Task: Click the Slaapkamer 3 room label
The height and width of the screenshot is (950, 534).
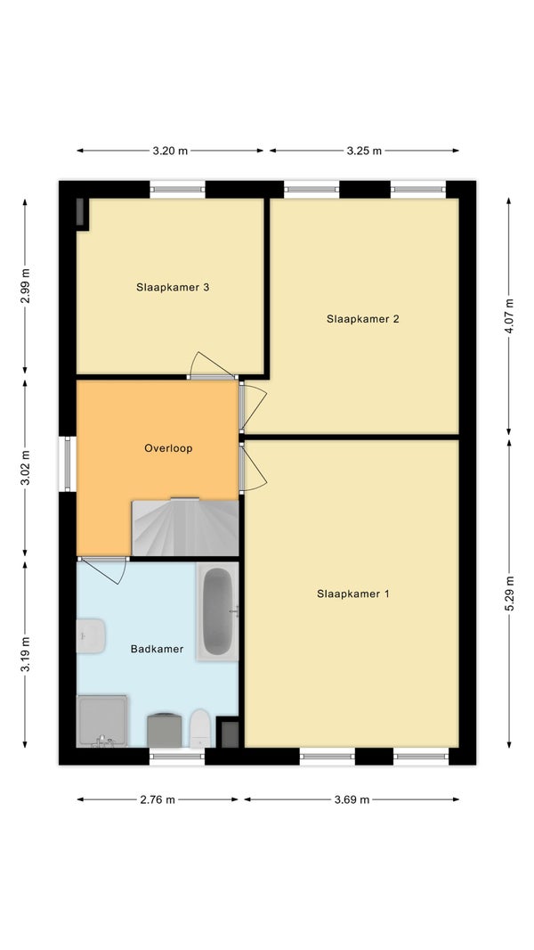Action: coord(173,287)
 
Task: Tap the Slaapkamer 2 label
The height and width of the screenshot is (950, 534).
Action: coord(363,319)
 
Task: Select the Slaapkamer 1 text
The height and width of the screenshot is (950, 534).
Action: coord(353,594)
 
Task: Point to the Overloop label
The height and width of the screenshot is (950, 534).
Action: coord(168,448)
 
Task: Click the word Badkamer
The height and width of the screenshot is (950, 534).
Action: coord(158,649)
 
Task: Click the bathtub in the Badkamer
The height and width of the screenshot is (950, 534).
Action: coord(217,611)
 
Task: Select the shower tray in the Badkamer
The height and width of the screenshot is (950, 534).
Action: coord(102,721)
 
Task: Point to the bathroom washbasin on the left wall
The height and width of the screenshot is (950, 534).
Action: coord(91,635)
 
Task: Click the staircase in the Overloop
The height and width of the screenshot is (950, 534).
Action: coord(185,527)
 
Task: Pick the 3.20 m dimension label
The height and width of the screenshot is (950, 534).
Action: coord(170,151)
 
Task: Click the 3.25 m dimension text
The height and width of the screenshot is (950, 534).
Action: coord(364,151)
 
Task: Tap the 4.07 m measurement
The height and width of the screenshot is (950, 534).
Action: coord(508,315)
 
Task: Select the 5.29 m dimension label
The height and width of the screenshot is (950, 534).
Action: coord(508,594)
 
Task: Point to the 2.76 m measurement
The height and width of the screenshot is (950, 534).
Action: coord(158,799)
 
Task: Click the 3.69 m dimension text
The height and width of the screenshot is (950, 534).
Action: coord(352,799)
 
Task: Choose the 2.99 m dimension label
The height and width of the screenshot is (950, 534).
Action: coord(25,285)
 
